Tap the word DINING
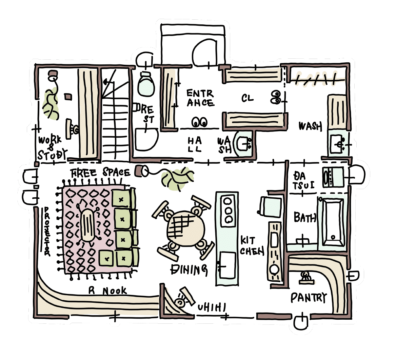[x=189, y=269]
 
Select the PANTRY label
[x=308, y=298]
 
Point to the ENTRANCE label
[x=200, y=98]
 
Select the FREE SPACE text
[x=100, y=173]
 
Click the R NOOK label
[x=107, y=291]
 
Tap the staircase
[x=115, y=114]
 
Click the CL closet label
[x=247, y=98]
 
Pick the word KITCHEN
[x=252, y=246]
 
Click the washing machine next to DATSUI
[x=333, y=177]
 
